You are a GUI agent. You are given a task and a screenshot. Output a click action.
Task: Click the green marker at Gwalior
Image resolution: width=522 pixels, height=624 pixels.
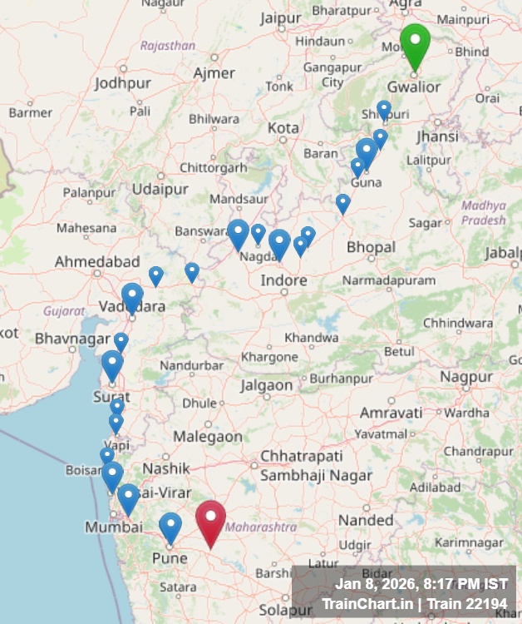click(415, 44)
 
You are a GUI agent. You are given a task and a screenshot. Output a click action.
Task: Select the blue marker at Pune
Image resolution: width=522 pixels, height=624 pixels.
click(170, 527)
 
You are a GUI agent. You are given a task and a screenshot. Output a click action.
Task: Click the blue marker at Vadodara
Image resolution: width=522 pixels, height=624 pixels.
click(132, 297)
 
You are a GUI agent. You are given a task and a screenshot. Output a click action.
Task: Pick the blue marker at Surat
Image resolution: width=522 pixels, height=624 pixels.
click(112, 364)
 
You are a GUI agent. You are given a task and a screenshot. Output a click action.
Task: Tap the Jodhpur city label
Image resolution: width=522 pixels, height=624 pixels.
click(123, 83)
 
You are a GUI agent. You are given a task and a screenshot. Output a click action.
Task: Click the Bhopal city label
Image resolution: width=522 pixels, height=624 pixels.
click(371, 247)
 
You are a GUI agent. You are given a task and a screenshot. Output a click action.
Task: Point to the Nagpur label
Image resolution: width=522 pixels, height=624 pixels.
click(466, 377)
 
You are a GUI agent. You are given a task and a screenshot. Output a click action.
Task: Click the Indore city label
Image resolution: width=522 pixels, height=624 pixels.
click(283, 280)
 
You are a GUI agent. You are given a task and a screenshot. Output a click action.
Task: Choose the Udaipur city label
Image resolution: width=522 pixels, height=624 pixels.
click(160, 190)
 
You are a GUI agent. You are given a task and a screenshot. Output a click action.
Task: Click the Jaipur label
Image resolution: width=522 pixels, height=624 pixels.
click(279, 17)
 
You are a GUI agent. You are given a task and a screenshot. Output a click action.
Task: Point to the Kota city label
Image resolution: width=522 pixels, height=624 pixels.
click(283, 128)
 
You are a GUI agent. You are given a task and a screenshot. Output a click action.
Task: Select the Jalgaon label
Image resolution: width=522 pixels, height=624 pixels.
click(267, 385)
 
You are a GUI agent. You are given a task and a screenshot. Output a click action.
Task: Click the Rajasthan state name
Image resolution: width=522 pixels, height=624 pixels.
click(168, 46)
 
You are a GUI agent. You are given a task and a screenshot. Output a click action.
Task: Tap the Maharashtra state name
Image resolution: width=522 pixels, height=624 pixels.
click(261, 527)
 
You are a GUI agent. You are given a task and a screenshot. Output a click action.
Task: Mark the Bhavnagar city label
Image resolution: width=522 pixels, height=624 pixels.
click(72, 339)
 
